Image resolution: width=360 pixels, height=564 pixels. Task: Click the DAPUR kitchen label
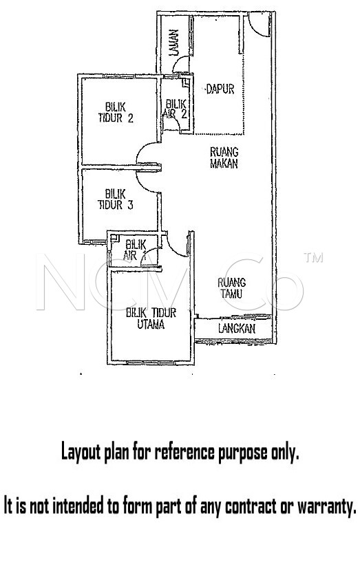[220, 89]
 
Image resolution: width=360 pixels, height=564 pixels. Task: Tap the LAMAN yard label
[174, 42]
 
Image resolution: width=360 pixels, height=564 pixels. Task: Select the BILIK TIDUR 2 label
[116, 112]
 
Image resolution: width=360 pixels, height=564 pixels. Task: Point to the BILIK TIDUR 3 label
[116, 199]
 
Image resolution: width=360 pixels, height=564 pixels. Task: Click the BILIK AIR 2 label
[176, 109]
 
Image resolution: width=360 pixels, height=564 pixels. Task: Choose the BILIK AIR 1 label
[135, 250]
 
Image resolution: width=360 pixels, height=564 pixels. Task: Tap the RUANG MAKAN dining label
[224, 158]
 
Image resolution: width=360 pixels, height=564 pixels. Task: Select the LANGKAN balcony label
[237, 328]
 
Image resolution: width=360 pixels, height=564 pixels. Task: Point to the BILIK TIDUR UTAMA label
[151, 318]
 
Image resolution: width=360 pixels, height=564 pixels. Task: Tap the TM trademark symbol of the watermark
[313, 257]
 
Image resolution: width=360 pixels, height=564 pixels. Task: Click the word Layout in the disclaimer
[81, 451]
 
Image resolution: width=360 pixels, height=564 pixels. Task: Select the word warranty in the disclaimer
[326, 506]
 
